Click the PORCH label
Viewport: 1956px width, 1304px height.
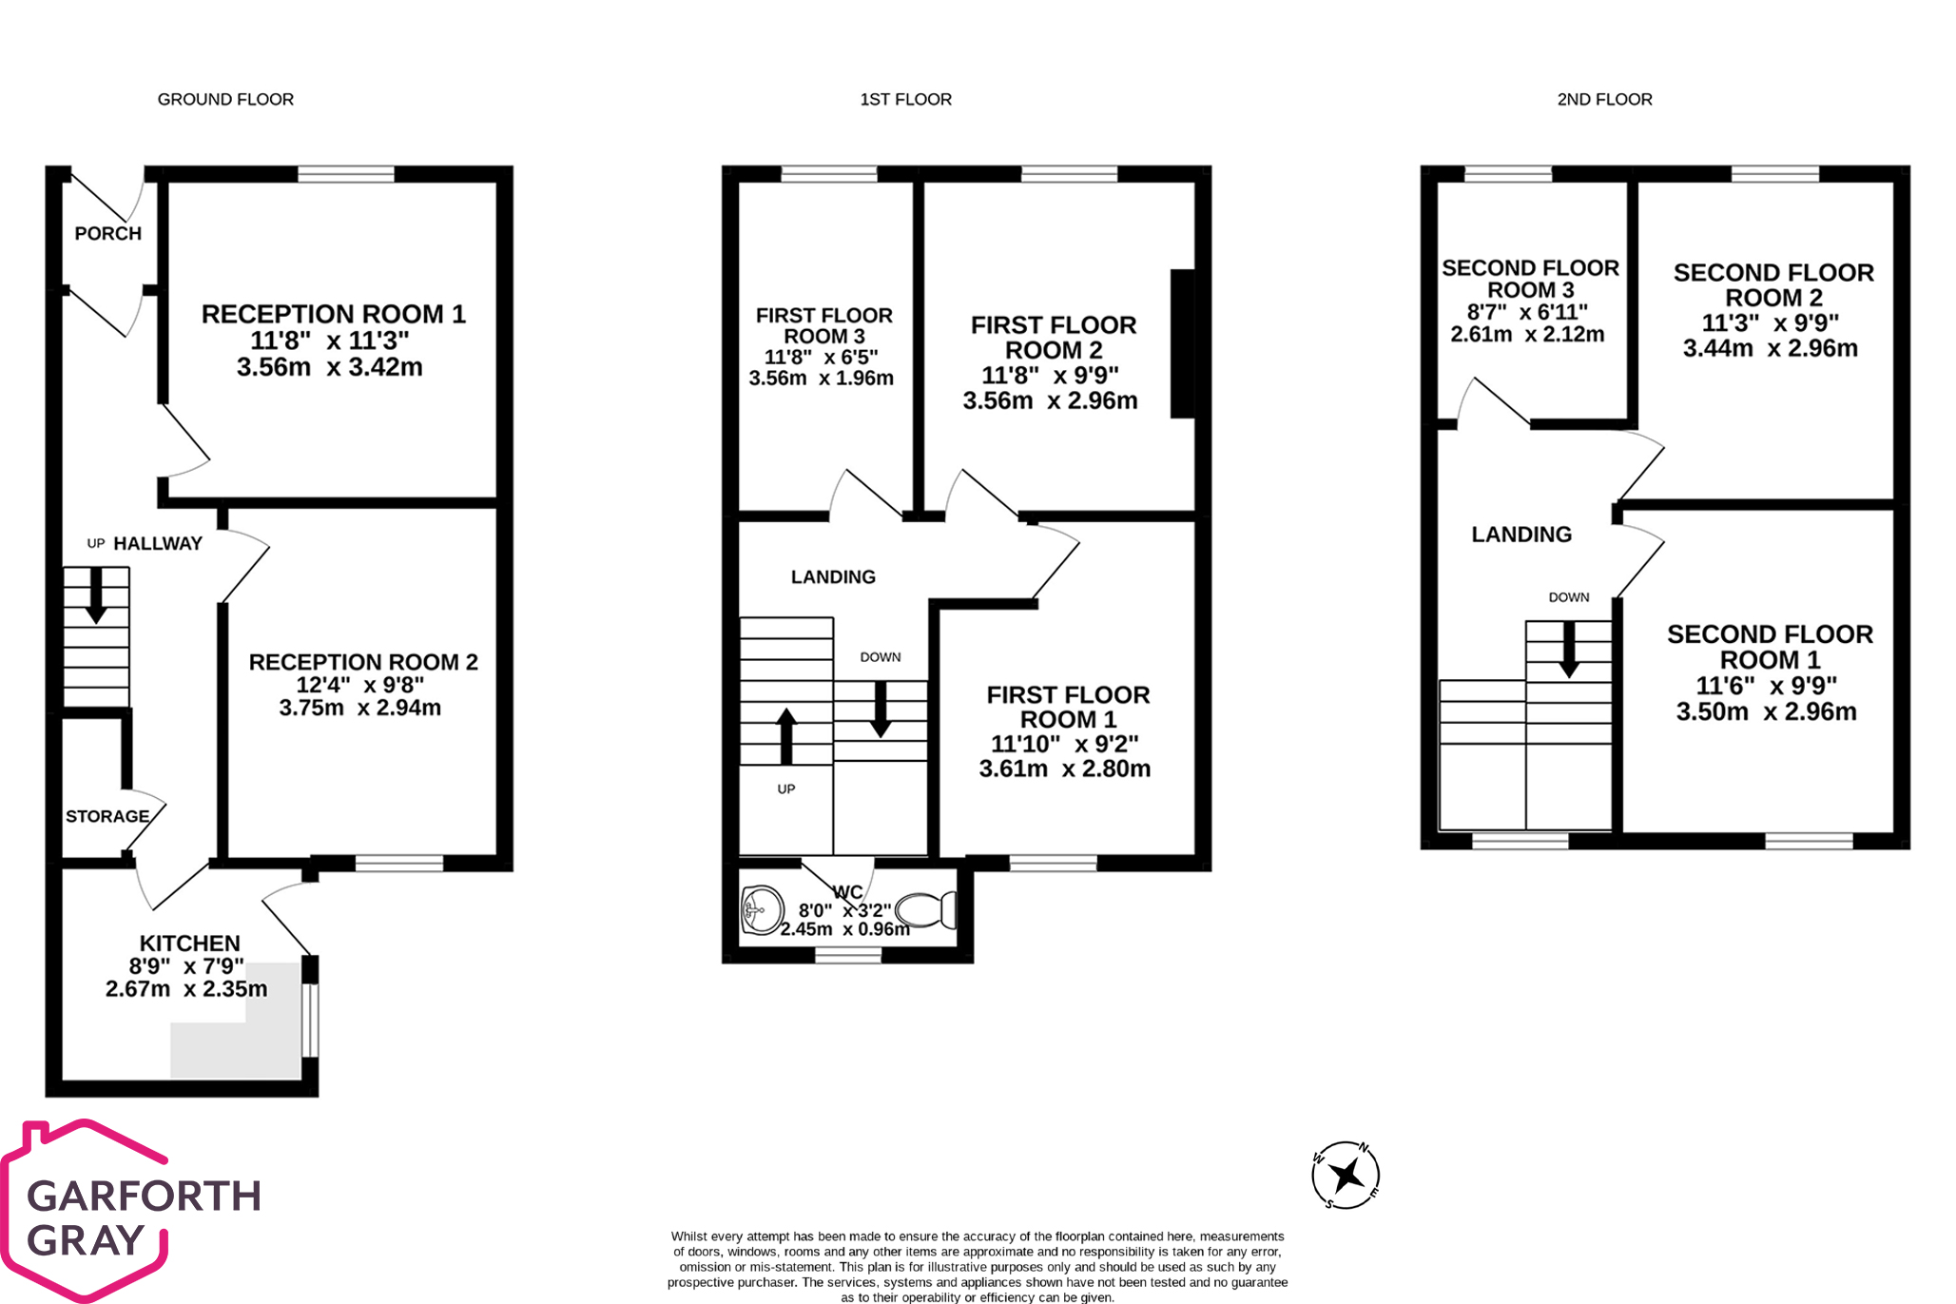[108, 234]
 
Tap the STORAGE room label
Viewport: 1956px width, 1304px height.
[107, 816]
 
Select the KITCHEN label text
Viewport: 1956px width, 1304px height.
[190, 944]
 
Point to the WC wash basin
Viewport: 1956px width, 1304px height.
[763, 910]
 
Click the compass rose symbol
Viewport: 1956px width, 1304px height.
[1346, 1176]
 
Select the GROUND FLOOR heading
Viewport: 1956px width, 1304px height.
[225, 99]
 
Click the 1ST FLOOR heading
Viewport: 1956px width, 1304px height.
[905, 99]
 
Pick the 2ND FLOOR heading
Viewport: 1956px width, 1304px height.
[1604, 99]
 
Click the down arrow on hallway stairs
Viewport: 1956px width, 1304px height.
[96, 595]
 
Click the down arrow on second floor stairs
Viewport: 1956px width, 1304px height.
[1569, 650]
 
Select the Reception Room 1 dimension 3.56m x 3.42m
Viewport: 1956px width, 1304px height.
[330, 367]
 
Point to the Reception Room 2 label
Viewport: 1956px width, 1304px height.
[363, 662]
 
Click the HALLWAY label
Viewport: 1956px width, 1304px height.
[158, 544]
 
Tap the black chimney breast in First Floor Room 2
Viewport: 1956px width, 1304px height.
[1183, 344]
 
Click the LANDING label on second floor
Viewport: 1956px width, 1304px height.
[1521, 535]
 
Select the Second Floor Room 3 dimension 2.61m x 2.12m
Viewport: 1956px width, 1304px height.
[1527, 335]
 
